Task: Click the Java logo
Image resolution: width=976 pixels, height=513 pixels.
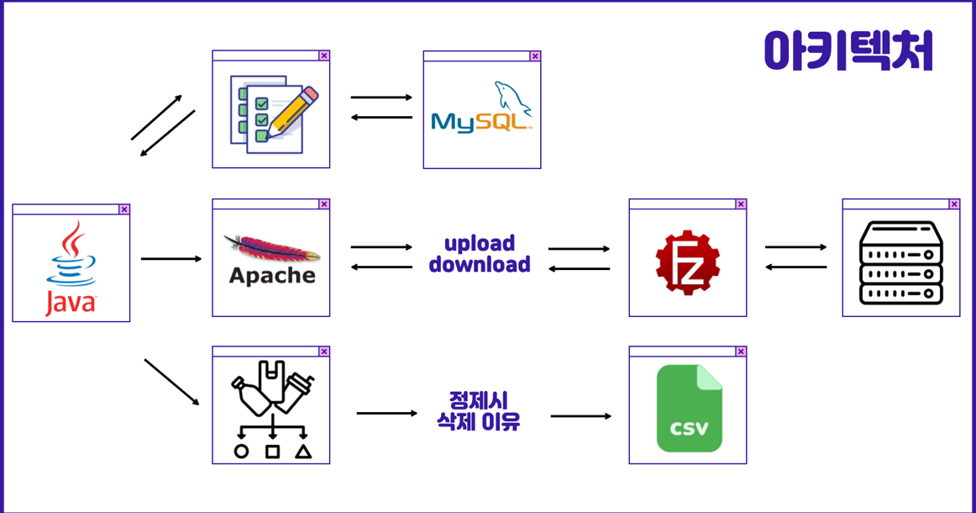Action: click(71, 268)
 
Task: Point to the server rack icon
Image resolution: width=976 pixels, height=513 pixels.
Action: click(901, 262)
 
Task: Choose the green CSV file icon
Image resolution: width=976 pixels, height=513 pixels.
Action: click(689, 409)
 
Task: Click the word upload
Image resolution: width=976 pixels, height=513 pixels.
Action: click(480, 244)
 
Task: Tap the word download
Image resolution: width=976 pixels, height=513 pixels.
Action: click(480, 265)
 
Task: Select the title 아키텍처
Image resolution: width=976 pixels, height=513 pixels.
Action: click(848, 50)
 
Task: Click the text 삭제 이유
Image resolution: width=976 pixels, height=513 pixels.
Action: click(479, 421)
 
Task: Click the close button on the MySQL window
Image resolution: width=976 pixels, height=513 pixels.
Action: click(535, 56)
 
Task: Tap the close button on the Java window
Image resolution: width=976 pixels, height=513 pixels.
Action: click(124, 209)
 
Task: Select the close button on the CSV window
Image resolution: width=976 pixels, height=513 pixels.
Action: click(741, 352)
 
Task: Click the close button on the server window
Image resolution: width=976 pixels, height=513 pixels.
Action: click(954, 204)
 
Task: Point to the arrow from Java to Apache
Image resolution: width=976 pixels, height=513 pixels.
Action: click(171, 259)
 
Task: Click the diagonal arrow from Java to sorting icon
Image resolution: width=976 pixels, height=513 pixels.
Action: click(172, 383)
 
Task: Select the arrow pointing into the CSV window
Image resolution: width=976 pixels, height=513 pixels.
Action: click(581, 416)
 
